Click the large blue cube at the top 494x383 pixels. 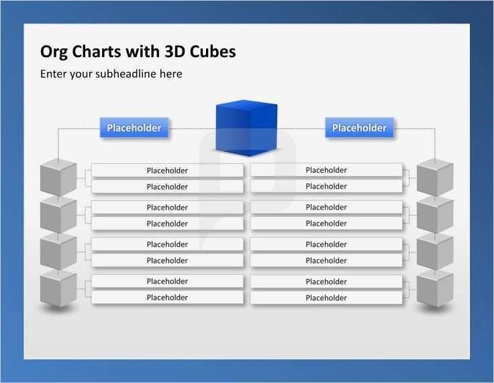(x=246, y=128)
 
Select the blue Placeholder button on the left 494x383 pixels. (x=134, y=128)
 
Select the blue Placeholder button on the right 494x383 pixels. (x=359, y=128)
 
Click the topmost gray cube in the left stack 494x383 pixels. (x=58, y=177)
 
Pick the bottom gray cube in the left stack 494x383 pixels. (x=58, y=289)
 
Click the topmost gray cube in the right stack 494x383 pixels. (x=435, y=177)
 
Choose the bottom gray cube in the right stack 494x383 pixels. (x=435, y=289)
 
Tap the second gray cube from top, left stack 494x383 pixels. (x=58, y=215)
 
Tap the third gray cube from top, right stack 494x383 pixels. (x=435, y=252)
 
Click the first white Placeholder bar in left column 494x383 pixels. (x=167, y=171)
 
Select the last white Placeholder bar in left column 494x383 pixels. (x=167, y=298)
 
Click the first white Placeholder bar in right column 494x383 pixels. (x=326, y=170)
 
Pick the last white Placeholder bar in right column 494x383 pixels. (x=326, y=298)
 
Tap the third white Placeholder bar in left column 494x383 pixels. (x=167, y=208)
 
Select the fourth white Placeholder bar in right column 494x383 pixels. (x=326, y=223)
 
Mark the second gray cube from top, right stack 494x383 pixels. (x=435, y=215)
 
